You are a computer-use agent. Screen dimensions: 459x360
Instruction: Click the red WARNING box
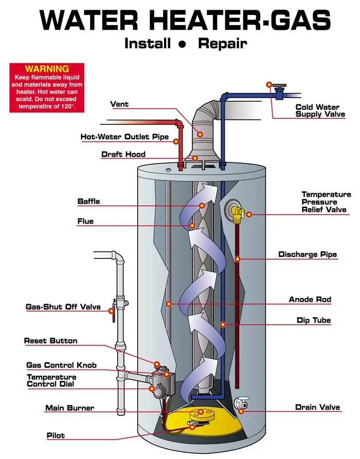[47, 87]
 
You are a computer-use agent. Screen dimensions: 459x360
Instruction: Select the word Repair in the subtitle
[222, 43]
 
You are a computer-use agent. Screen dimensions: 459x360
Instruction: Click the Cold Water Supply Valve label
[317, 111]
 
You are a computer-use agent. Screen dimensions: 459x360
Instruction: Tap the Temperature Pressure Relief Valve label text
[326, 202]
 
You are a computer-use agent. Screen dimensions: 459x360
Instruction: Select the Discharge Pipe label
[308, 254]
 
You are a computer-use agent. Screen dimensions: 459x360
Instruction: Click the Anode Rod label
[310, 299]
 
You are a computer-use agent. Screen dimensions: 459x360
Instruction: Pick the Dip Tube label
[313, 320]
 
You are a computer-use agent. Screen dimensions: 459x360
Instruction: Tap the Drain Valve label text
[317, 407]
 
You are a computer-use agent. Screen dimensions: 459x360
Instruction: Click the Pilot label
[56, 435]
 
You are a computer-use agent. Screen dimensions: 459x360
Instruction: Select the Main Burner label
[69, 408]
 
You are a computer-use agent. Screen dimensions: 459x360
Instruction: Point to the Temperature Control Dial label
[51, 380]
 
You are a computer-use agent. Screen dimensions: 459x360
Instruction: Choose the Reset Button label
[50, 341]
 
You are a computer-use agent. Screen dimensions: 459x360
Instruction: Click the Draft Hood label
[123, 154]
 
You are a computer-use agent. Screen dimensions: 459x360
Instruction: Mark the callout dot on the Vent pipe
[200, 134]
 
